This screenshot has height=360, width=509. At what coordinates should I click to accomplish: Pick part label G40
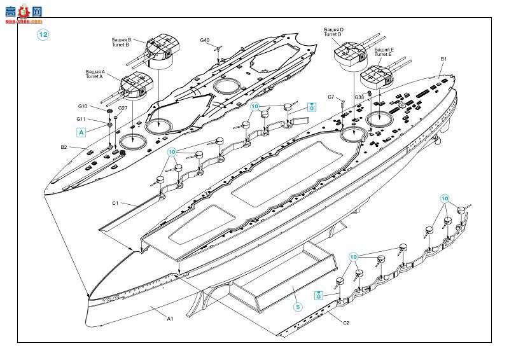click(204, 41)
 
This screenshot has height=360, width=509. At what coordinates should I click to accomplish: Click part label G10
click(83, 106)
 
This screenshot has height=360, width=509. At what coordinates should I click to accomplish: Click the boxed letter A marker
click(81, 132)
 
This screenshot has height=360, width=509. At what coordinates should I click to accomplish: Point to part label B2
click(64, 147)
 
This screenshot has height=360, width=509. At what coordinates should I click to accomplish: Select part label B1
click(443, 59)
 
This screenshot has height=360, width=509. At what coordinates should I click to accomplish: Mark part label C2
click(346, 322)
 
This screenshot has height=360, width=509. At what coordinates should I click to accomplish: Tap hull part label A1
click(170, 317)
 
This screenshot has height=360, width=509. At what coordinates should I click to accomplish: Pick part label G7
click(331, 97)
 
